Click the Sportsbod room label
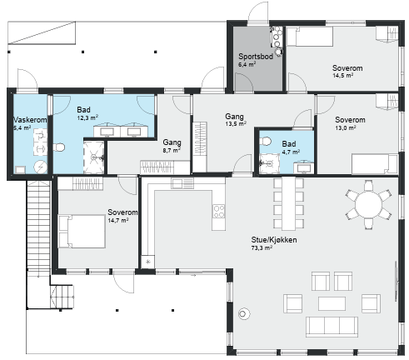[256, 57]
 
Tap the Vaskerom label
[30, 120]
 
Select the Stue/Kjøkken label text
[274, 240]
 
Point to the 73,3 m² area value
[262, 247]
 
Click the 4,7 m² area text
[291, 152]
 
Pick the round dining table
[368, 205]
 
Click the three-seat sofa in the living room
[332, 327]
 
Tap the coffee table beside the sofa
[332, 303]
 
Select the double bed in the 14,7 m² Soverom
[82, 231]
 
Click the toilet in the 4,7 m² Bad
[265, 142]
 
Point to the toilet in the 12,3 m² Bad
[58, 147]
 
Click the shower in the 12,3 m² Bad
[94, 157]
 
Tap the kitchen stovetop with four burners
[219, 211]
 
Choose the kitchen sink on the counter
[182, 183]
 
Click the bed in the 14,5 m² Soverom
[310, 37]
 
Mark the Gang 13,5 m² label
[236, 120]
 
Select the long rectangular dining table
[288, 203]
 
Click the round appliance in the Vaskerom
[41, 167]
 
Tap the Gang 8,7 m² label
[172, 146]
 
